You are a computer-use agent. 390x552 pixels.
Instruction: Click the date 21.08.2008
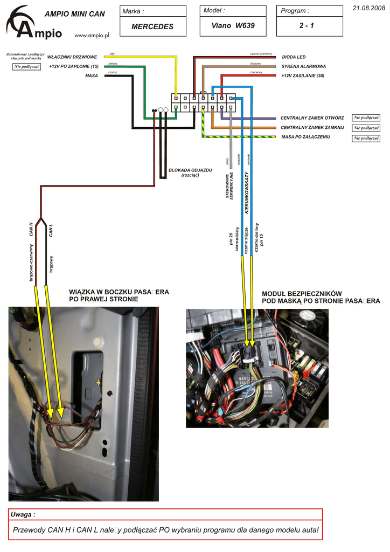(x=368, y=7)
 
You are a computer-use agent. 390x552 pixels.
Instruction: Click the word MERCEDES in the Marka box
(x=152, y=26)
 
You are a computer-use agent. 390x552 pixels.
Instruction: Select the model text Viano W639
(x=233, y=25)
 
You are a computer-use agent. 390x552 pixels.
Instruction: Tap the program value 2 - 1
(x=307, y=25)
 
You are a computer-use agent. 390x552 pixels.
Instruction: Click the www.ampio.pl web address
(x=92, y=35)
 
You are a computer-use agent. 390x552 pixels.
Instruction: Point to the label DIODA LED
(x=294, y=57)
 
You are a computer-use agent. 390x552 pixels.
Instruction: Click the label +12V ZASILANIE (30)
(x=303, y=76)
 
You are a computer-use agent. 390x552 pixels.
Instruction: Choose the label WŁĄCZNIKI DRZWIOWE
(x=72, y=57)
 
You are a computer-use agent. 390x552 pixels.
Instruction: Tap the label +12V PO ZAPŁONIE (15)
(x=73, y=66)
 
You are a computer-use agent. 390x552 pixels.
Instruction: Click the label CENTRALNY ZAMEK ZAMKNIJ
(x=312, y=127)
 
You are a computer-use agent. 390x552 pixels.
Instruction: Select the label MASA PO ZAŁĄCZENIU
(x=305, y=137)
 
